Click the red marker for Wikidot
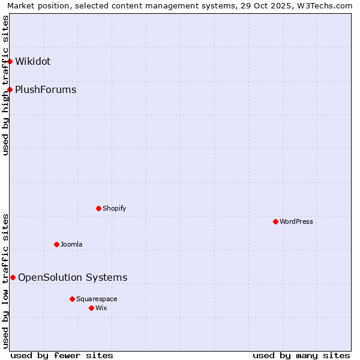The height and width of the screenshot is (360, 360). pyautogui.click(x=10, y=61)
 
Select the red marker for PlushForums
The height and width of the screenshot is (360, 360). pyautogui.click(x=10, y=90)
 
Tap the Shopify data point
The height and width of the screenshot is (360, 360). pyautogui.click(x=99, y=208)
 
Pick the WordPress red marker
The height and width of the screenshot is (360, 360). pyautogui.click(x=276, y=221)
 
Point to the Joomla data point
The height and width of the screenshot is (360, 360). pyautogui.click(x=57, y=244)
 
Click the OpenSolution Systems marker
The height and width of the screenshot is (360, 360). pyautogui.click(x=13, y=277)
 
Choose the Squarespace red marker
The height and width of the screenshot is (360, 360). pyautogui.click(x=73, y=299)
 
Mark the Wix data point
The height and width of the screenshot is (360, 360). pyautogui.click(x=92, y=308)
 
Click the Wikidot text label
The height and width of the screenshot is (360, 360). pyautogui.click(x=33, y=61)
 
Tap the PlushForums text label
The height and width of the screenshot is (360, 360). pyautogui.click(x=46, y=90)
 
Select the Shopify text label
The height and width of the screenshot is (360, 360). pyautogui.click(x=114, y=208)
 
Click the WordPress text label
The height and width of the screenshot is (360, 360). pyautogui.click(x=296, y=221)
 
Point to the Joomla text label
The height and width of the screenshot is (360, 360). pyautogui.click(x=71, y=244)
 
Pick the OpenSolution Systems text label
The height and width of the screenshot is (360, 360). pyautogui.click(x=73, y=277)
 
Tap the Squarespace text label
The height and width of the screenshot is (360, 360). pyautogui.click(x=97, y=299)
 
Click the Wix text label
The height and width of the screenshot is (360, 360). pyautogui.click(x=101, y=308)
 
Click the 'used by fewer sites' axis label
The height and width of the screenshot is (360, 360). pyautogui.click(x=62, y=355)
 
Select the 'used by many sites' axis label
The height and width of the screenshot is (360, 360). pyautogui.click(x=301, y=355)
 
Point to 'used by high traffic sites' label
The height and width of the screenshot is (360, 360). pyautogui.click(x=5, y=85)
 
